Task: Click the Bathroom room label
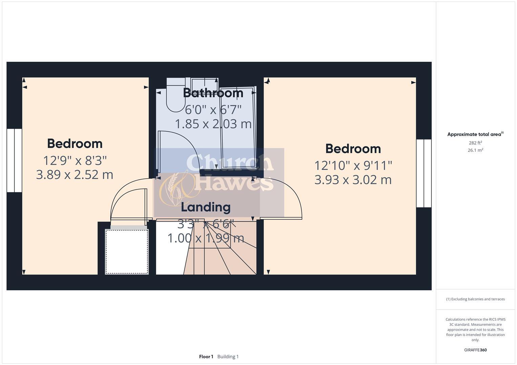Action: (x=213, y=93)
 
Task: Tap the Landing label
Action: (x=206, y=207)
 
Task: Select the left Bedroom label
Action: (x=75, y=144)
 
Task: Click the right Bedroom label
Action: (x=353, y=149)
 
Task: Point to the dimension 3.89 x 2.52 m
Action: (x=74, y=175)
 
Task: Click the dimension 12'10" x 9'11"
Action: (x=353, y=166)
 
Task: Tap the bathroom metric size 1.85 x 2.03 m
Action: (x=213, y=124)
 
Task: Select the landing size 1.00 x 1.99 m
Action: (x=206, y=238)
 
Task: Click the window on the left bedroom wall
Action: (x=14, y=160)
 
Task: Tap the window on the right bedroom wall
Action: (x=424, y=173)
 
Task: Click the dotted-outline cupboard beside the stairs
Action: (x=127, y=251)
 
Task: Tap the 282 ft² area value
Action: (x=475, y=143)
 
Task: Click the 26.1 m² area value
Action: (x=475, y=150)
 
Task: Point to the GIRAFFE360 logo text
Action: (x=475, y=350)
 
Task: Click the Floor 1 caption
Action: (x=206, y=357)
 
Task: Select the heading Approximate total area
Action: (x=475, y=135)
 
